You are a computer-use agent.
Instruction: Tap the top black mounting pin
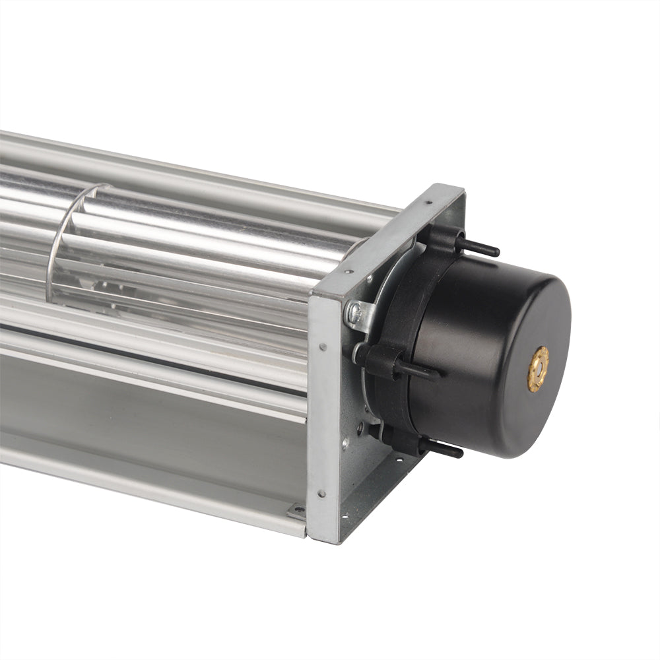tap(477, 247)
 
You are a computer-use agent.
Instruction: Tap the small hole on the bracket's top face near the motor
tap(428, 203)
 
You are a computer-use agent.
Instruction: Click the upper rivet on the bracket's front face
tap(323, 346)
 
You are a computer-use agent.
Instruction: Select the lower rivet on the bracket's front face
tap(321, 492)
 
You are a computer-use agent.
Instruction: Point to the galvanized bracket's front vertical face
tap(324, 416)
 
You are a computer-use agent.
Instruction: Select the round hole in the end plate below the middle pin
tap(360, 426)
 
